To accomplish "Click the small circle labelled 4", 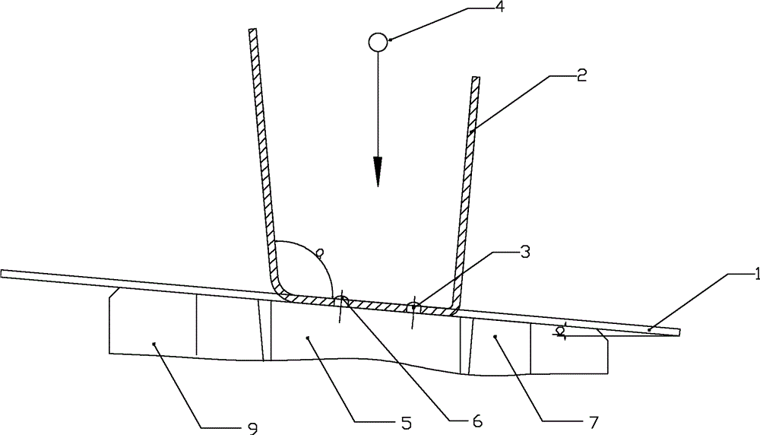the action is pos(378,42).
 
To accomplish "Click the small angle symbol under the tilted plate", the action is pos(561,331).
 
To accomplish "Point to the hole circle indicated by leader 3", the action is pos(413,308).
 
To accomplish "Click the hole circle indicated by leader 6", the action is pos(341,302).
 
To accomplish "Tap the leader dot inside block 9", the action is pos(154,344).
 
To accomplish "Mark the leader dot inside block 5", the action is pos(306,338).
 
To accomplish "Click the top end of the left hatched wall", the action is pos(253,31).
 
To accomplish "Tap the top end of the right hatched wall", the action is pos(476,79).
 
